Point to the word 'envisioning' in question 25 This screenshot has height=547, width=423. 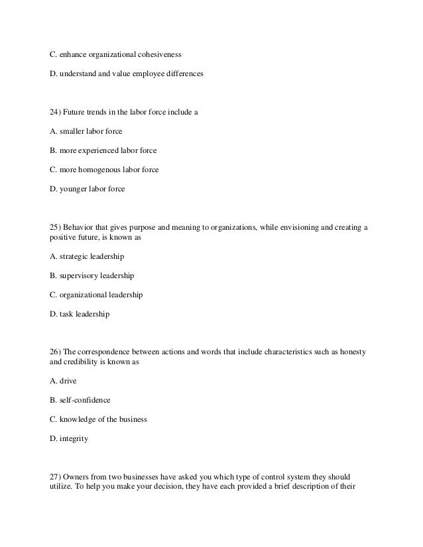(299, 227)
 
